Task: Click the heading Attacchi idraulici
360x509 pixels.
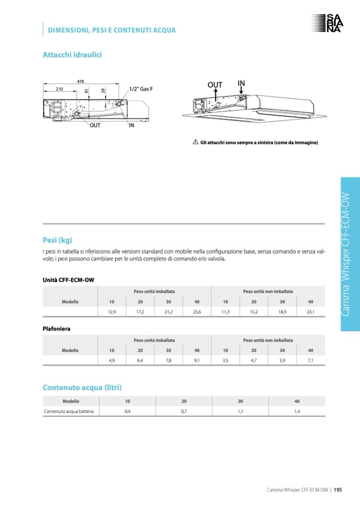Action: click(x=72, y=55)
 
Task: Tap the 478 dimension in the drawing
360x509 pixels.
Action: click(x=81, y=81)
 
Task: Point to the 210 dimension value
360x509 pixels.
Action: click(x=59, y=89)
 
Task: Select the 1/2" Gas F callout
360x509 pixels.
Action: click(x=141, y=89)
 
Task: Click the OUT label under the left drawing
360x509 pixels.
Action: click(x=95, y=125)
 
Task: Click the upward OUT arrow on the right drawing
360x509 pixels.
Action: click(x=216, y=92)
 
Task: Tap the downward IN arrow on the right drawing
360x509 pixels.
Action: click(x=241, y=91)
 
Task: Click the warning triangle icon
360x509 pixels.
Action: click(x=195, y=142)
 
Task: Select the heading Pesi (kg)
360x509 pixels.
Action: click(x=57, y=239)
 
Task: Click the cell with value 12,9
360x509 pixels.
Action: click(x=112, y=312)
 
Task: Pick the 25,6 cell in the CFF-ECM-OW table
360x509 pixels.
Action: click(x=197, y=312)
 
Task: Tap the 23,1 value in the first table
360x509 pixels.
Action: click(x=311, y=312)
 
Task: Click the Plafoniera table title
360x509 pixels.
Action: click(x=56, y=329)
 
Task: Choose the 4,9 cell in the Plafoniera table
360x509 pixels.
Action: click(x=112, y=360)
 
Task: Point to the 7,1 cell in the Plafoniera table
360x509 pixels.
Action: click(x=311, y=360)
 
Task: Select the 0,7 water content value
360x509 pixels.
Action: click(x=184, y=411)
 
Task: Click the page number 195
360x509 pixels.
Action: click(x=338, y=489)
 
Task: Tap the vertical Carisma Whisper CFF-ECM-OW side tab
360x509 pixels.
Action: click(x=350, y=255)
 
